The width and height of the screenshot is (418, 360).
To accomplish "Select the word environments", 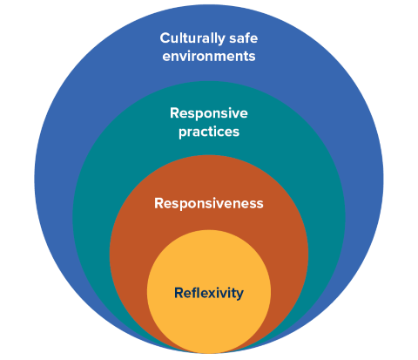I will pyautogui.click(x=208, y=58).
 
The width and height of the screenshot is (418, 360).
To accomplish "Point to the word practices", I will pyautogui.click(x=208, y=132).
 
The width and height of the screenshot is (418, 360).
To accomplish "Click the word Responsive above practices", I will pyautogui.click(x=208, y=113).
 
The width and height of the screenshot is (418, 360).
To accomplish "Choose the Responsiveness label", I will pyautogui.click(x=208, y=203).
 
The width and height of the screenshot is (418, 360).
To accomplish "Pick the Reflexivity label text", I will pyautogui.click(x=208, y=293).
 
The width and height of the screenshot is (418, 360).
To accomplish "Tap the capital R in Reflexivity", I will pyautogui.click(x=179, y=293).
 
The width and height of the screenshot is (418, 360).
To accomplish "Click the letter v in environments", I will pyautogui.click(x=182, y=58).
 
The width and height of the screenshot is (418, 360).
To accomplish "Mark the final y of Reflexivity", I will pyautogui.click(x=239, y=295).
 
